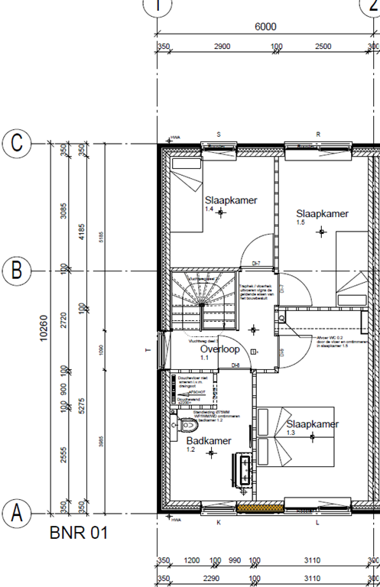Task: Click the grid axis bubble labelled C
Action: [x=16, y=143]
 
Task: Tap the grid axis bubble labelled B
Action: [x=16, y=270]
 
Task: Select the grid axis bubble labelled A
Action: [x=16, y=513]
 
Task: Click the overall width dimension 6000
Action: [x=265, y=26]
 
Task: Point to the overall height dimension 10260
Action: [x=44, y=328]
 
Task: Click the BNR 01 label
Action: [x=79, y=532]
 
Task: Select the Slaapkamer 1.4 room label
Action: [x=231, y=202]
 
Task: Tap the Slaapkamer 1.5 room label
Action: [x=322, y=215]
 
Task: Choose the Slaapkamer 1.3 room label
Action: [x=312, y=426]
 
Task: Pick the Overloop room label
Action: [x=220, y=350]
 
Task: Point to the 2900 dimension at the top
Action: [x=222, y=47]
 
